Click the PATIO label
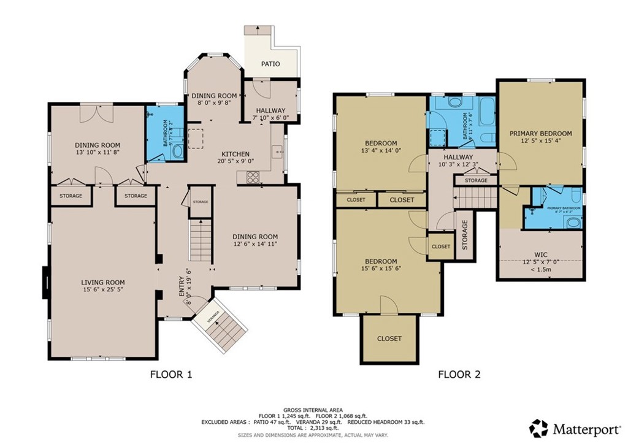(270, 64)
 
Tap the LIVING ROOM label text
(103, 283)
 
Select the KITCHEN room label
(235, 154)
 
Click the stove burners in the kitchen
(253, 177)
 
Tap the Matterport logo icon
(538, 427)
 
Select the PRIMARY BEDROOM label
(540, 133)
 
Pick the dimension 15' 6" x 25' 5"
(103, 291)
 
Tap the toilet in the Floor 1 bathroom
(178, 151)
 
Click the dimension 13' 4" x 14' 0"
(381, 150)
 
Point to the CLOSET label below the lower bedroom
(389, 339)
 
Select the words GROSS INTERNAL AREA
(313, 410)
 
